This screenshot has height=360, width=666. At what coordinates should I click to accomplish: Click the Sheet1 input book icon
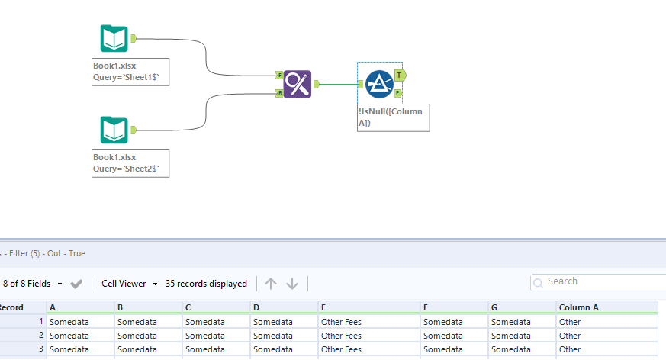point(114,38)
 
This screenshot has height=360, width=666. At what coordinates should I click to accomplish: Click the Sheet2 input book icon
point(114,130)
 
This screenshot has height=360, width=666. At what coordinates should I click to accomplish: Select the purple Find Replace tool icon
point(298,84)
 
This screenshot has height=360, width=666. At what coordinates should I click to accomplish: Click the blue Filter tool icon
point(378,84)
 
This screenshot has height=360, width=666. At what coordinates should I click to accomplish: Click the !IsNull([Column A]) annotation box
point(393,117)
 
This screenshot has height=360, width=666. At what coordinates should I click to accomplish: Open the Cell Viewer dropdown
point(129,284)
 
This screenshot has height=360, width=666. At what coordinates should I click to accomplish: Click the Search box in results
point(603,282)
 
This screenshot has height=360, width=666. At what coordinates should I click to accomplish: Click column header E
point(325,307)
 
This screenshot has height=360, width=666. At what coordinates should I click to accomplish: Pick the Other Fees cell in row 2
point(341,336)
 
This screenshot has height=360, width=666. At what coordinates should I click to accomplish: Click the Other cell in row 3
point(570,349)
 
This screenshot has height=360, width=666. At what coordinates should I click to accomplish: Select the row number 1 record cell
point(23,322)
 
